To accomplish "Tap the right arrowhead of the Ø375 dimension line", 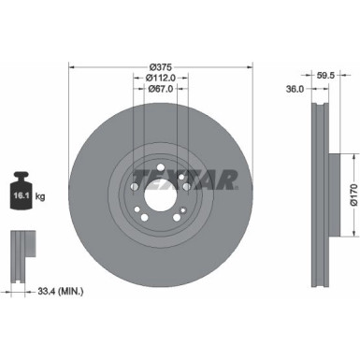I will click(x=252, y=66).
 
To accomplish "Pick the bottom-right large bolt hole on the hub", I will click(x=179, y=220).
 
